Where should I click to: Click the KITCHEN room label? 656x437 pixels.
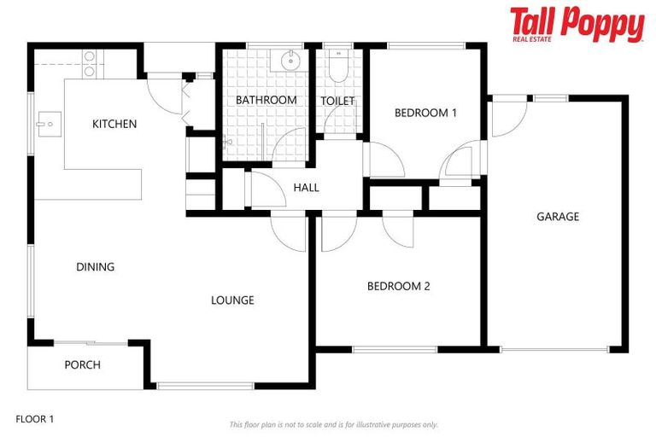click(114, 124)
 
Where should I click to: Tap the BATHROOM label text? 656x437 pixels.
click(266, 100)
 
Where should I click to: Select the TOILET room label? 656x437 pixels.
click(337, 101)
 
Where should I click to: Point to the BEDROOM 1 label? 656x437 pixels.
click(425, 113)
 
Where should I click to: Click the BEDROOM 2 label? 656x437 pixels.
click(398, 286)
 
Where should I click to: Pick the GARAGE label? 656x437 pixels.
click(558, 216)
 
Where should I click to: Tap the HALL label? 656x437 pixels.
click(306, 187)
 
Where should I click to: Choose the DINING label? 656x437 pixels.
click(96, 267)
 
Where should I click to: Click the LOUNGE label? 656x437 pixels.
click(232, 300)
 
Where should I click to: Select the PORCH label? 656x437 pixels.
click(83, 364)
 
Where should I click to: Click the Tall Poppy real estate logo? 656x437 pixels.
click(577, 24)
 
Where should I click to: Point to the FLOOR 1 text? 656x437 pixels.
click(35, 419)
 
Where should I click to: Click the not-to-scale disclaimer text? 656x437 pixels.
click(333, 424)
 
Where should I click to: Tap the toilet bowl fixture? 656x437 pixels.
click(337, 68)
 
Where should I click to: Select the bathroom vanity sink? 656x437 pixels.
click(289, 60)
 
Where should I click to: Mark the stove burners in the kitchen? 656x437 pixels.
click(89, 64)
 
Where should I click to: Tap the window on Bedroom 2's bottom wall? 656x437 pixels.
click(395, 349)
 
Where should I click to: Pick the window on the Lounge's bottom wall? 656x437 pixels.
click(205, 386)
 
